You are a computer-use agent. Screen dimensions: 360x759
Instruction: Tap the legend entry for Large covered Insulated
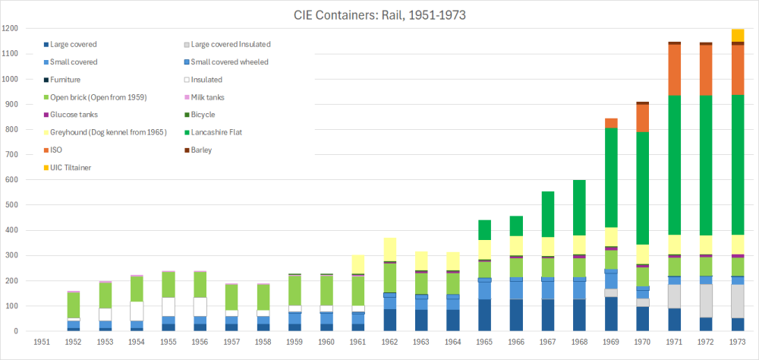pyautogui.click(x=231, y=45)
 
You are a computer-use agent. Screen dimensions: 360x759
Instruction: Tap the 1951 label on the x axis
pyautogui.click(x=42, y=343)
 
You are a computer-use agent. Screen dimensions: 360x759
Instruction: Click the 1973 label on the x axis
pyautogui.click(x=735, y=343)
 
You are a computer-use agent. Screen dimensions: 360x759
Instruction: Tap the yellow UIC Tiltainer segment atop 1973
pyautogui.click(x=735, y=35)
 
